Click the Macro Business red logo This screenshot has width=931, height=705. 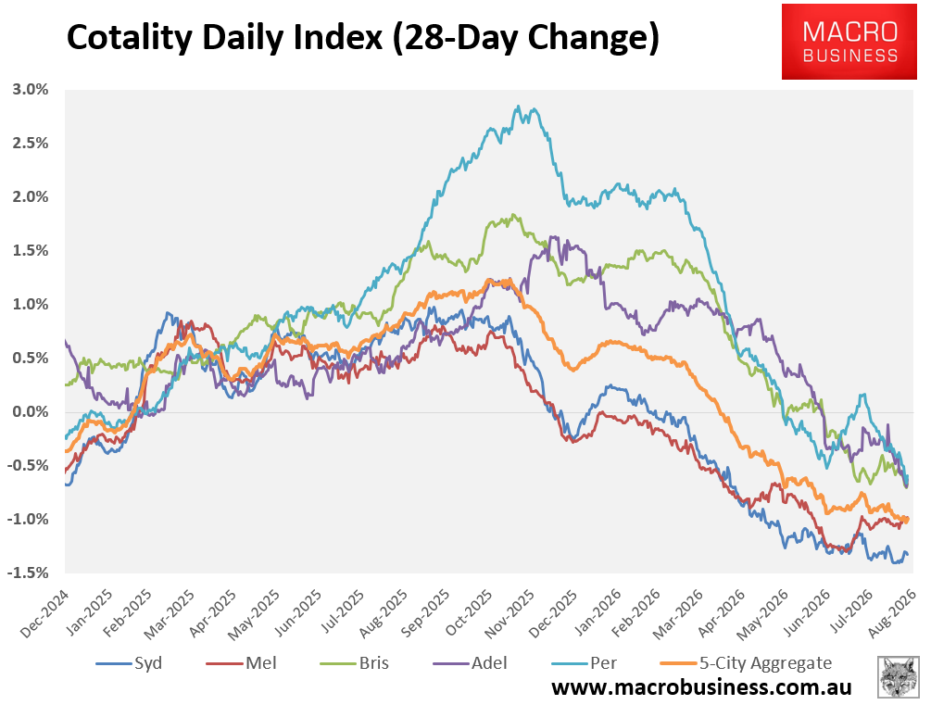pyautogui.click(x=849, y=42)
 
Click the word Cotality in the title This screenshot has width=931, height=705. pyautogui.click(x=130, y=37)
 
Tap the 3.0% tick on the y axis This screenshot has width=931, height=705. pyautogui.click(x=31, y=90)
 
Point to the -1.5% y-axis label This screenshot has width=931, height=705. pyautogui.click(x=28, y=573)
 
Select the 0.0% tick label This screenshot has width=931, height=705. pyautogui.click(x=31, y=411)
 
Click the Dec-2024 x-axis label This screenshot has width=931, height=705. pyautogui.click(x=45, y=613)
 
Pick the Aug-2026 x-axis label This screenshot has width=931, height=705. pyautogui.click(x=892, y=613)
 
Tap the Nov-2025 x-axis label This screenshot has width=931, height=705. pyautogui.click(x=510, y=613)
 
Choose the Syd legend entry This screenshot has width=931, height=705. pyautogui.click(x=129, y=662)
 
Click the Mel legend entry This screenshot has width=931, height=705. pyautogui.click(x=241, y=662)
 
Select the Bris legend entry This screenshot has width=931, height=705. pyautogui.click(x=355, y=662)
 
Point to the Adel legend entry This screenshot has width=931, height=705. pyautogui.click(x=471, y=662)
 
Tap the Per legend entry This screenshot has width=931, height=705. pyautogui.click(x=585, y=662)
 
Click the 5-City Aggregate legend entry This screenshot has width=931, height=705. pyautogui.click(x=747, y=662)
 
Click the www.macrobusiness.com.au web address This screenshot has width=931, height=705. pyautogui.click(x=701, y=687)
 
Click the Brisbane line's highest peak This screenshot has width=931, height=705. pyautogui.click(x=513, y=215)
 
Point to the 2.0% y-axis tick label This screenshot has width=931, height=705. pyautogui.click(x=31, y=197)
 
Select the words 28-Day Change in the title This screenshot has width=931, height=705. pyautogui.click(x=525, y=39)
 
